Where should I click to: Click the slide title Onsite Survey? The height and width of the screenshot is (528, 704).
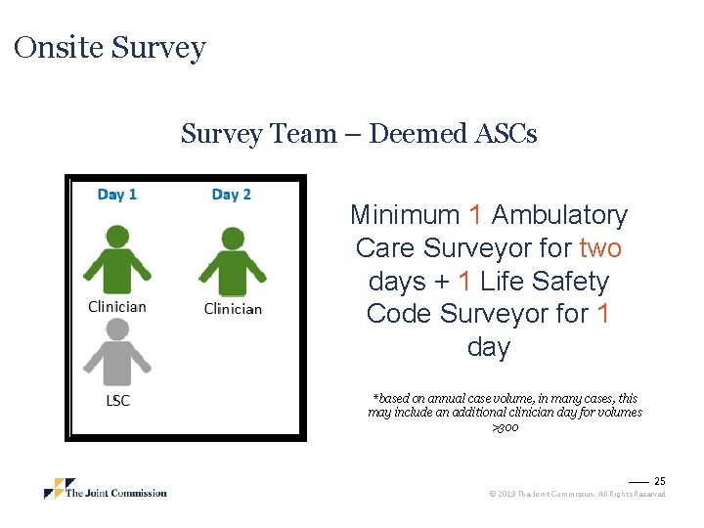(x=110, y=48)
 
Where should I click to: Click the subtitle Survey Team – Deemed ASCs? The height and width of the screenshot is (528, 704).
(x=359, y=134)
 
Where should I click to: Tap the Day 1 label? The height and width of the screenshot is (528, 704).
(x=117, y=195)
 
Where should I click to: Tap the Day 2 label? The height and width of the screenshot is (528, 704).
(x=232, y=195)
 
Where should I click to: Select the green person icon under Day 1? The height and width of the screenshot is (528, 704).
(x=117, y=259)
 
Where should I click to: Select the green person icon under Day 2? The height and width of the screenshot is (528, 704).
(x=233, y=261)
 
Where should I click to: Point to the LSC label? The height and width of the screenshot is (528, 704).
(x=117, y=400)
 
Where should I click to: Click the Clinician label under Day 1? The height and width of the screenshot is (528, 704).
(x=117, y=306)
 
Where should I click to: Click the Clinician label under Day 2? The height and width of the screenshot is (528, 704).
(x=233, y=309)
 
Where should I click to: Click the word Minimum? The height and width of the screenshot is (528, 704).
(x=405, y=215)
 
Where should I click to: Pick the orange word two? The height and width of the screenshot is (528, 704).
(x=600, y=248)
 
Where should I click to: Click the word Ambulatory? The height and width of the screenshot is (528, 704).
(x=560, y=215)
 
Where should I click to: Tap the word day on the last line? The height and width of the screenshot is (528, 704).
(x=489, y=348)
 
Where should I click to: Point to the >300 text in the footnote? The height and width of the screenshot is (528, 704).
(x=505, y=427)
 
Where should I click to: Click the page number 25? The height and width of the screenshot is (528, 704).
(x=659, y=481)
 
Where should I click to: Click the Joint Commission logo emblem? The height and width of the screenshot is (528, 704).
(x=60, y=488)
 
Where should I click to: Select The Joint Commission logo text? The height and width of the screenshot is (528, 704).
(x=116, y=493)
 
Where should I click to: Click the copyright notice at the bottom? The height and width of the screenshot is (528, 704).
(x=577, y=495)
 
